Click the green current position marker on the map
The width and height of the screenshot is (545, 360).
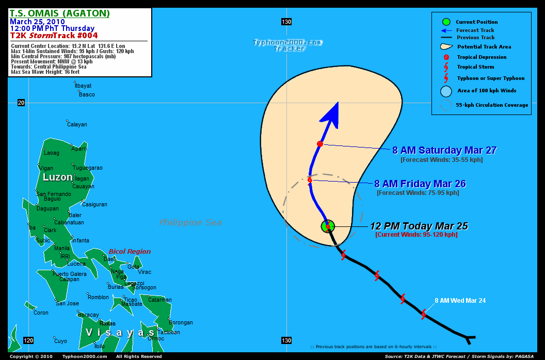328,226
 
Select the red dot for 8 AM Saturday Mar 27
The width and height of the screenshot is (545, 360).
320,144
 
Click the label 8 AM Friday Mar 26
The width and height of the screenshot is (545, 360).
420,184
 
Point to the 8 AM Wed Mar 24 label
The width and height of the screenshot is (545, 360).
460,301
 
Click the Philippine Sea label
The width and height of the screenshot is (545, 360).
190,223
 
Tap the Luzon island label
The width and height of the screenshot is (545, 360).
58,177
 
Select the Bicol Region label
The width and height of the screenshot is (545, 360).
130,252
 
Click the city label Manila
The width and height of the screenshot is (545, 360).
62,248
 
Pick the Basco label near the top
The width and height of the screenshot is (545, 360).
87,94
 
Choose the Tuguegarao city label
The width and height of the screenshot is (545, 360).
88,168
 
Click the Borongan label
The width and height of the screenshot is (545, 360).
181,323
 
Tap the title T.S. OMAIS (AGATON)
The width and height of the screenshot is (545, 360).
59,13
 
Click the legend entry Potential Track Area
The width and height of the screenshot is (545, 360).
484,47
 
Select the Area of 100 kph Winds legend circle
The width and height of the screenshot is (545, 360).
446,91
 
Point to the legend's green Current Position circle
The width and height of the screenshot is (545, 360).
446,22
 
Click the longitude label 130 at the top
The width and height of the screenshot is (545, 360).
286,22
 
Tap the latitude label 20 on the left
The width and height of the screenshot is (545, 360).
21,103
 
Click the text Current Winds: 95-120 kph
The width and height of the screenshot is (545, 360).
416,235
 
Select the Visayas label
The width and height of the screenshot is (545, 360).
120,333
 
